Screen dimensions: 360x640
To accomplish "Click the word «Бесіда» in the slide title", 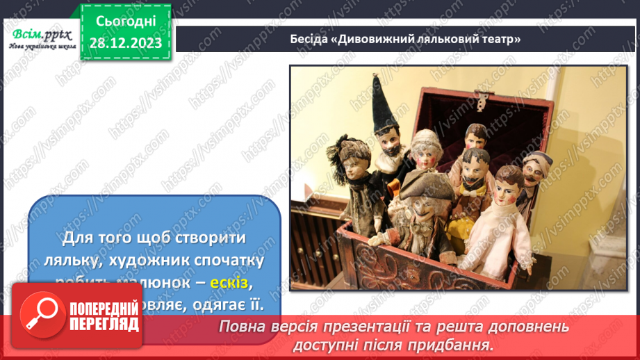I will [x=310, y=39].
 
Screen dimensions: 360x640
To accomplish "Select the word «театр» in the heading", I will [x=500, y=39].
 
